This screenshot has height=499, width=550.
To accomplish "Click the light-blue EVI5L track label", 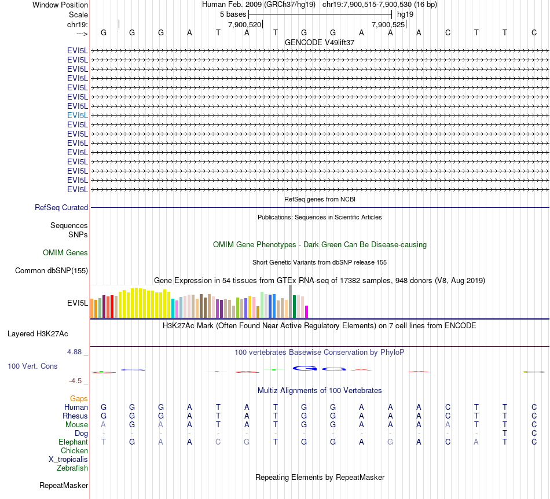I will point(78,115).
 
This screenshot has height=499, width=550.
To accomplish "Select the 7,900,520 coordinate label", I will point(245,25).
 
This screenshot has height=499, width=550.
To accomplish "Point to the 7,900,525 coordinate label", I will point(388,25).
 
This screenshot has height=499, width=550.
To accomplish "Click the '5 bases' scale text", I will point(233,14).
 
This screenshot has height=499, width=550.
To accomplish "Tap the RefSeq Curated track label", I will point(61,208).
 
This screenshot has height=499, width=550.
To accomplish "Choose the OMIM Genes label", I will point(65,253).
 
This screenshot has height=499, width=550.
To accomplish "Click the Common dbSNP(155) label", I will point(52,271).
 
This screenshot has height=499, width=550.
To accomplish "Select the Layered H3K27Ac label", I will point(38,334).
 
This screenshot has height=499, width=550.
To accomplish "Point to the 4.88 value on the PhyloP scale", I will point(76,351).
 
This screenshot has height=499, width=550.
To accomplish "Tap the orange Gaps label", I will point(79,399).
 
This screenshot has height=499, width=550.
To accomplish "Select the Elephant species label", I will point(74,442).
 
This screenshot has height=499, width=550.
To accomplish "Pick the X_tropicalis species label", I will point(68,460).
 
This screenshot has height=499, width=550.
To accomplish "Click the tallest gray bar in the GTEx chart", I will point(290,301).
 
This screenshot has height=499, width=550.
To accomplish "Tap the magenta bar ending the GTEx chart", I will point(307,311).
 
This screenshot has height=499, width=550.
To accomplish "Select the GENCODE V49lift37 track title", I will point(320,43).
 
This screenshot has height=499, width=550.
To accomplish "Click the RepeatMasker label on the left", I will point(64,485).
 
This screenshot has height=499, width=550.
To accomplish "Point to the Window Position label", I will point(60,5).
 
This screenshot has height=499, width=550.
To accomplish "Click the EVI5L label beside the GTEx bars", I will point(78,303).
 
